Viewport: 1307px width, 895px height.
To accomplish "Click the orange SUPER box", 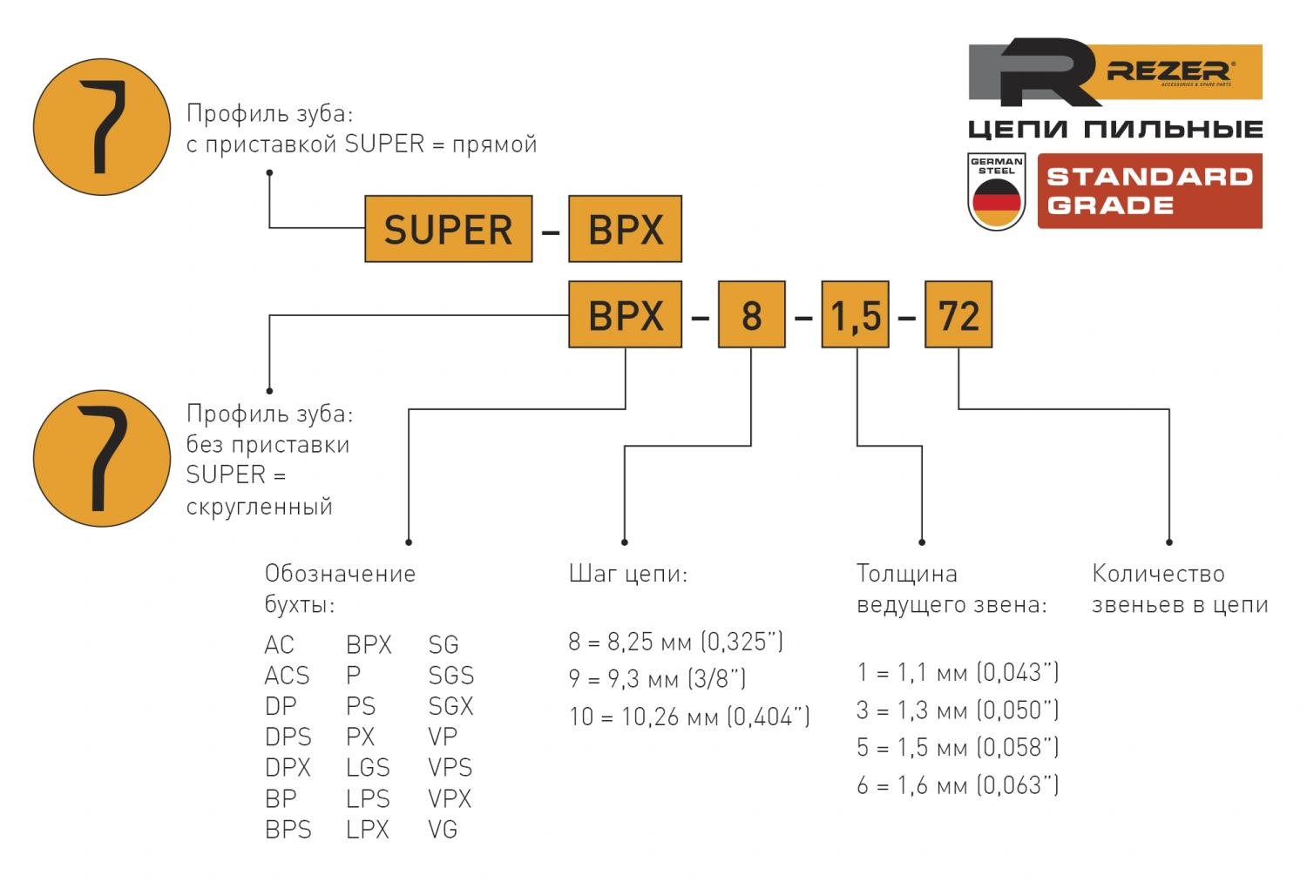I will [x=448, y=229].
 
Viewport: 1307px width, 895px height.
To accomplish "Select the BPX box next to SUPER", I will [x=625, y=229].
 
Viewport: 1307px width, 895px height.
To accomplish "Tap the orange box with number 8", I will [x=751, y=314].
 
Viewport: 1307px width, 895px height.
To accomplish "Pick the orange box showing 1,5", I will [x=855, y=314].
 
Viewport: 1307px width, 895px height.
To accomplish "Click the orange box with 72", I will [x=958, y=314].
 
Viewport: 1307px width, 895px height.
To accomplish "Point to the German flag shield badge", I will [x=996, y=192].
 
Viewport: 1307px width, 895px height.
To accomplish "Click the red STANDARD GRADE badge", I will [x=1149, y=191].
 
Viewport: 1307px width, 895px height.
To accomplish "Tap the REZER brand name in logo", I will [x=1168, y=72].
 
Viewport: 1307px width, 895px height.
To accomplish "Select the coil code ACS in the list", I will [x=287, y=676].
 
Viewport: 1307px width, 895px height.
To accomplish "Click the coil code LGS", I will [x=368, y=768].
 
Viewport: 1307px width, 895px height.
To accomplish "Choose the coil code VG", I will [x=443, y=830].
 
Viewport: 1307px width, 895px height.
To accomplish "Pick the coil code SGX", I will [x=450, y=706].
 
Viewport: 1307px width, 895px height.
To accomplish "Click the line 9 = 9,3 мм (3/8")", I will [x=657, y=678].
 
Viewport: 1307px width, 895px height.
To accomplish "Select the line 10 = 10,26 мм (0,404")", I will [x=689, y=717].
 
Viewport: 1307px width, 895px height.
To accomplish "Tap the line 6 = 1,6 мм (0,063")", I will [x=957, y=785].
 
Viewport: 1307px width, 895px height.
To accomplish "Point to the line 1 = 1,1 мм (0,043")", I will [x=957, y=672].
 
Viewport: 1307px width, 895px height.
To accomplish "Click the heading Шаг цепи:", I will [x=627, y=574].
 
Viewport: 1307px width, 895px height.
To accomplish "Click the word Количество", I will [x=1158, y=574].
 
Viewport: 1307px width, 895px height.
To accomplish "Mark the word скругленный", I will [x=260, y=506].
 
